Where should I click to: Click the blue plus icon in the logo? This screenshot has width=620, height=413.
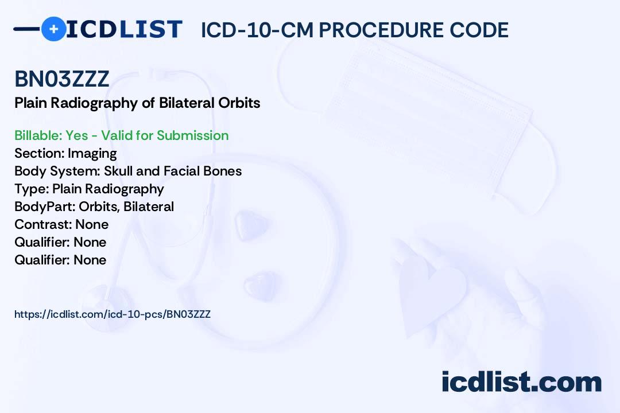[53, 29]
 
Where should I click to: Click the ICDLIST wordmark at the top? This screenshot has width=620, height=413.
[124, 29]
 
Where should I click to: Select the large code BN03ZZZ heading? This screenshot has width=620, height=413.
[61, 79]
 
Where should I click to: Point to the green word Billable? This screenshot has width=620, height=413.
[38, 135]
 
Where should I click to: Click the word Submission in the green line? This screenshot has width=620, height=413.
[192, 135]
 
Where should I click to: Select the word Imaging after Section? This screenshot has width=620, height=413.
[92, 154]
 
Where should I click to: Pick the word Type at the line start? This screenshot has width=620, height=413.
[32, 189]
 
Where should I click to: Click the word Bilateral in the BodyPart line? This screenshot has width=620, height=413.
[149, 206]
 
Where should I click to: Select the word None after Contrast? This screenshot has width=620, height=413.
[92, 224]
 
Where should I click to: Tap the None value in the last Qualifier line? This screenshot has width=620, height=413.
[90, 260]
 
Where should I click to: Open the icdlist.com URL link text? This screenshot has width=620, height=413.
[113, 314]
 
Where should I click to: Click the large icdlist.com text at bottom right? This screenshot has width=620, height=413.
[521, 382]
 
